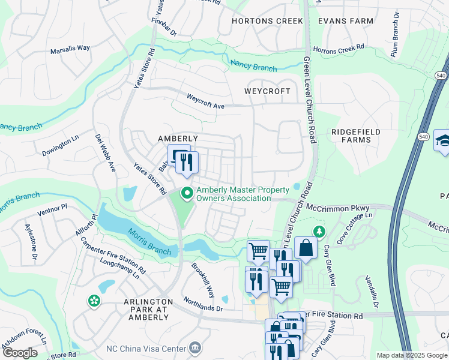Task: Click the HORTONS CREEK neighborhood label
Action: tap(268, 20)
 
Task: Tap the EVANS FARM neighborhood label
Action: tap(346, 20)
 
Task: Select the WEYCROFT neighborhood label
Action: tap(267, 91)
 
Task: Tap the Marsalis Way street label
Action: tap(70, 49)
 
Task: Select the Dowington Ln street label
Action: tap(61, 145)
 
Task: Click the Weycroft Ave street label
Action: tap(205, 100)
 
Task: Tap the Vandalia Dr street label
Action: tap(371, 292)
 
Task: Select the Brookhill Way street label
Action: tap(203, 280)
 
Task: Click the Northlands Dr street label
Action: tap(203, 304)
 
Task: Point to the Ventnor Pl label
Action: tap(51, 209)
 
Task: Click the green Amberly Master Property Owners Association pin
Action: tap(187, 193)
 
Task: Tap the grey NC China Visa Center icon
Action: tap(194, 347)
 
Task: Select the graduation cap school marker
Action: tap(442, 141)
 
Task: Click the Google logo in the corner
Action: tap(20, 353)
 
